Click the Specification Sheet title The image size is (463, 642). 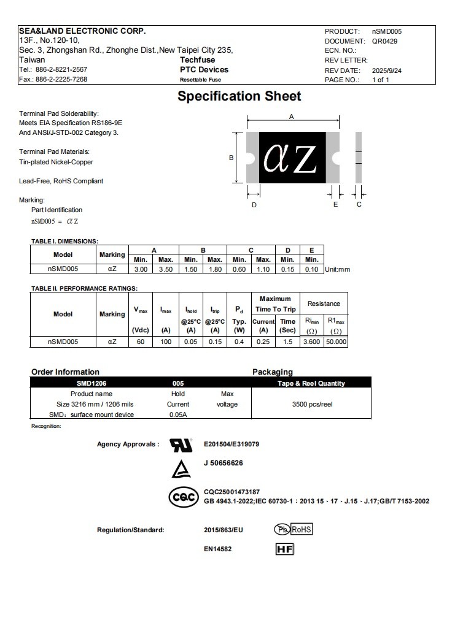[239, 96]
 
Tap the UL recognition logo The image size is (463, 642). [180, 445]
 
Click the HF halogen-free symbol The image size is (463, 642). [285, 549]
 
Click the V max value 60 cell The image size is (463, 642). [141, 342]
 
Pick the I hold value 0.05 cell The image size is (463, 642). [191, 342]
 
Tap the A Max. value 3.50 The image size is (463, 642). [165, 269]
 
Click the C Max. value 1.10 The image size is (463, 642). [263, 269]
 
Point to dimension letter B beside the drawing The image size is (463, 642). [231, 158]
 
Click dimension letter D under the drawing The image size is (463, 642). [254, 205]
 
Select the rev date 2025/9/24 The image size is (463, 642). [387, 71]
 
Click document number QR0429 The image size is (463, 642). [385, 41]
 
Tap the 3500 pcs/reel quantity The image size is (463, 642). [311, 404]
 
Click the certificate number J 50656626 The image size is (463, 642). [223, 463]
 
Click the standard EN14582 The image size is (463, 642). [217, 549]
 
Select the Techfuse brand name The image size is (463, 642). [197, 60]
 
